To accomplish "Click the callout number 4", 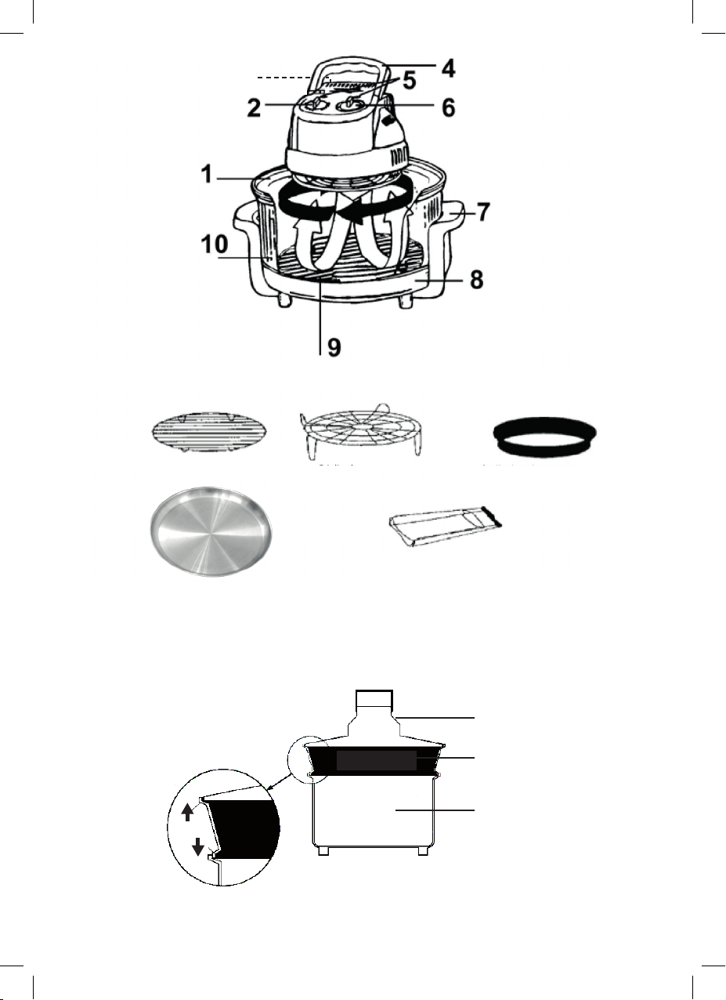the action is coord(449,68).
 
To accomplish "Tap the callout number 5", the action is coord(409,81).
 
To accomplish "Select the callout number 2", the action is coord(254,107).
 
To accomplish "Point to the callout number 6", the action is coord(449,107).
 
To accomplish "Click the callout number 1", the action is coord(206,174).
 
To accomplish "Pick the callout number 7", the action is coord(484,212).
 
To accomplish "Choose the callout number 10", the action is coord(215,245).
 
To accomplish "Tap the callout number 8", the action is coord(477,281).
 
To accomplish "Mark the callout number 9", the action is coord(334,347).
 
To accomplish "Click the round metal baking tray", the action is coord(211,531).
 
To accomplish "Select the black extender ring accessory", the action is coord(545,437).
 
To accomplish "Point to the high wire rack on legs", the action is coord(361,430).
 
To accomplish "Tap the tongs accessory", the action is coord(446,526).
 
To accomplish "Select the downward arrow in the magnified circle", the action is coord(199,846).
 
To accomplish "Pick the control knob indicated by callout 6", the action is coord(351,105).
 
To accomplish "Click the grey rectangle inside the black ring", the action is coord(376,760).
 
